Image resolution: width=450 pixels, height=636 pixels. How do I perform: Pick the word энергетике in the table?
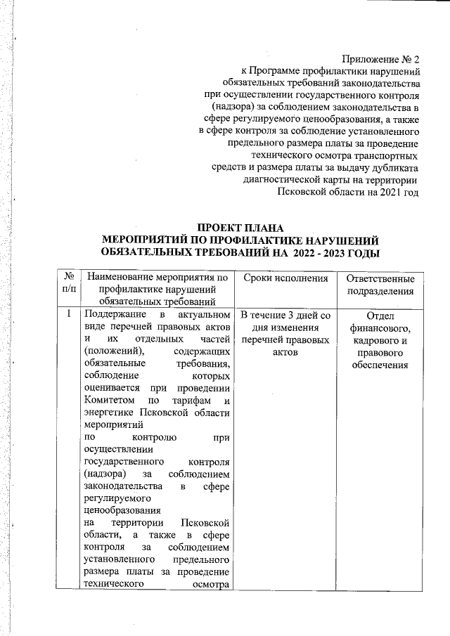tap(109, 414)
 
